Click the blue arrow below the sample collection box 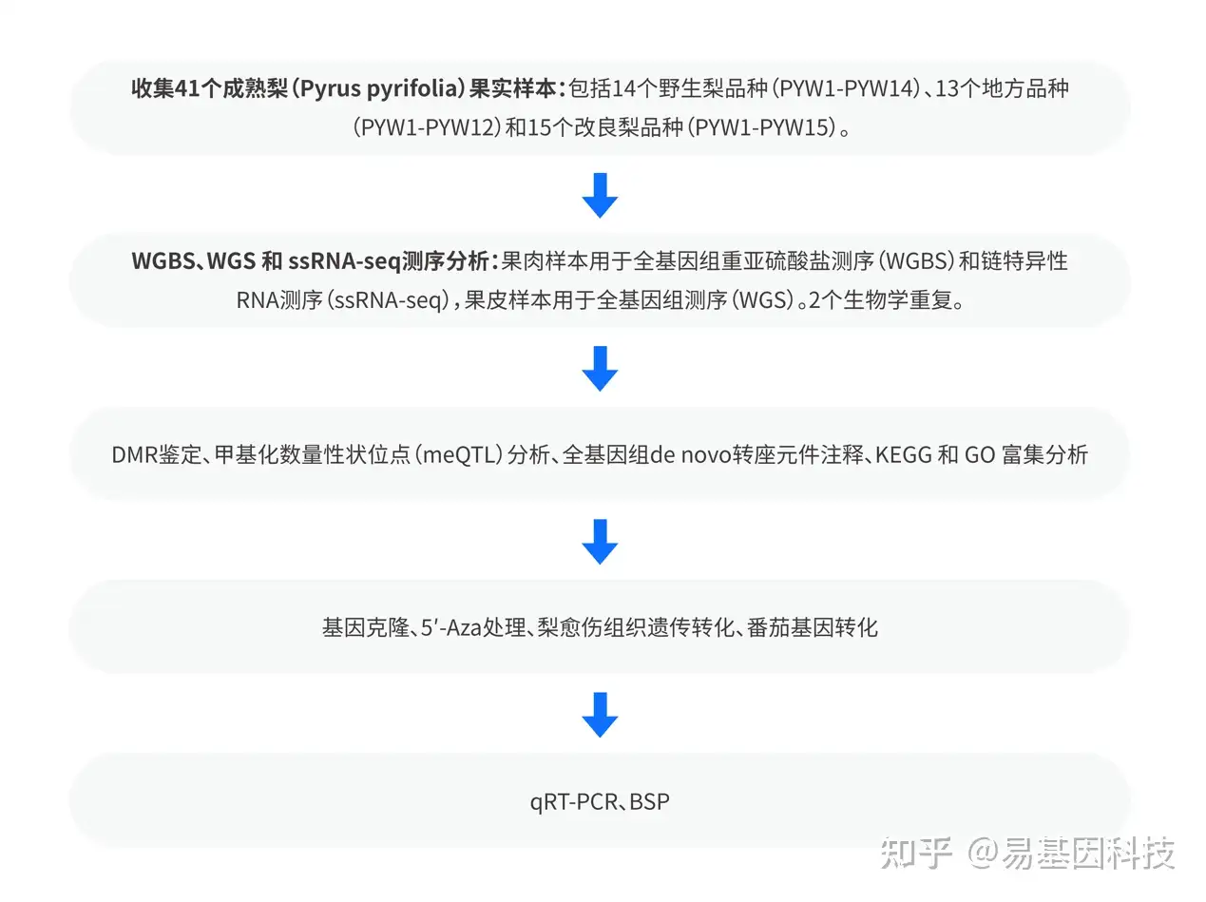pyautogui.click(x=600, y=195)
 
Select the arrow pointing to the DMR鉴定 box pyautogui.click(x=600, y=368)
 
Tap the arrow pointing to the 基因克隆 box pyautogui.click(x=600, y=541)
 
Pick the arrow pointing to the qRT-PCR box pyautogui.click(x=600, y=715)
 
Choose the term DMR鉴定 pyautogui.click(x=156, y=454)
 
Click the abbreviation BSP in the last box pyautogui.click(x=649, y=801)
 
